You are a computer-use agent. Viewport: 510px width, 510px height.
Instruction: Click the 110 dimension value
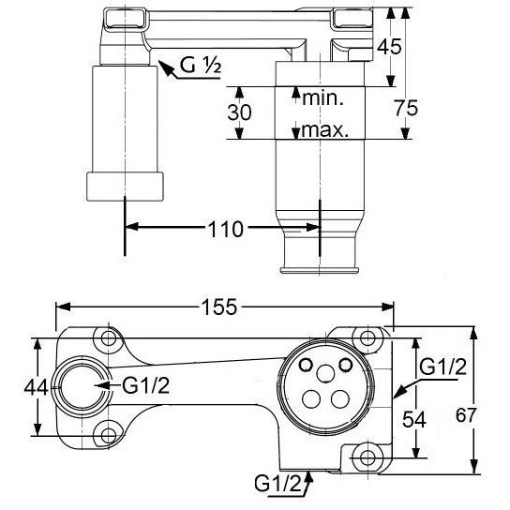[225, 230]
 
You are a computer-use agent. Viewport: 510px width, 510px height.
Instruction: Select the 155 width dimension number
[219, 307]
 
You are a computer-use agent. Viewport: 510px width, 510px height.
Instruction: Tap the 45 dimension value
[389, 47]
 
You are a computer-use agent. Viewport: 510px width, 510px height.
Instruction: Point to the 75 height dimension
[406, 108]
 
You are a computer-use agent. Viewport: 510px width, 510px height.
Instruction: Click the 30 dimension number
[239, 112]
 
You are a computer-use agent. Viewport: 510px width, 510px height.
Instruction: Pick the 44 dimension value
[37, 387]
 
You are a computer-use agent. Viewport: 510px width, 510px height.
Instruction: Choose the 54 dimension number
[414, 419]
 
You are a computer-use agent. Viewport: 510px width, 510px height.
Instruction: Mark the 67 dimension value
[466, 415]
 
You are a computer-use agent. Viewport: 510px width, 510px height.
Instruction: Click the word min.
[322, 97]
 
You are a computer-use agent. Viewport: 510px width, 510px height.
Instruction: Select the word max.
[325, 129]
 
